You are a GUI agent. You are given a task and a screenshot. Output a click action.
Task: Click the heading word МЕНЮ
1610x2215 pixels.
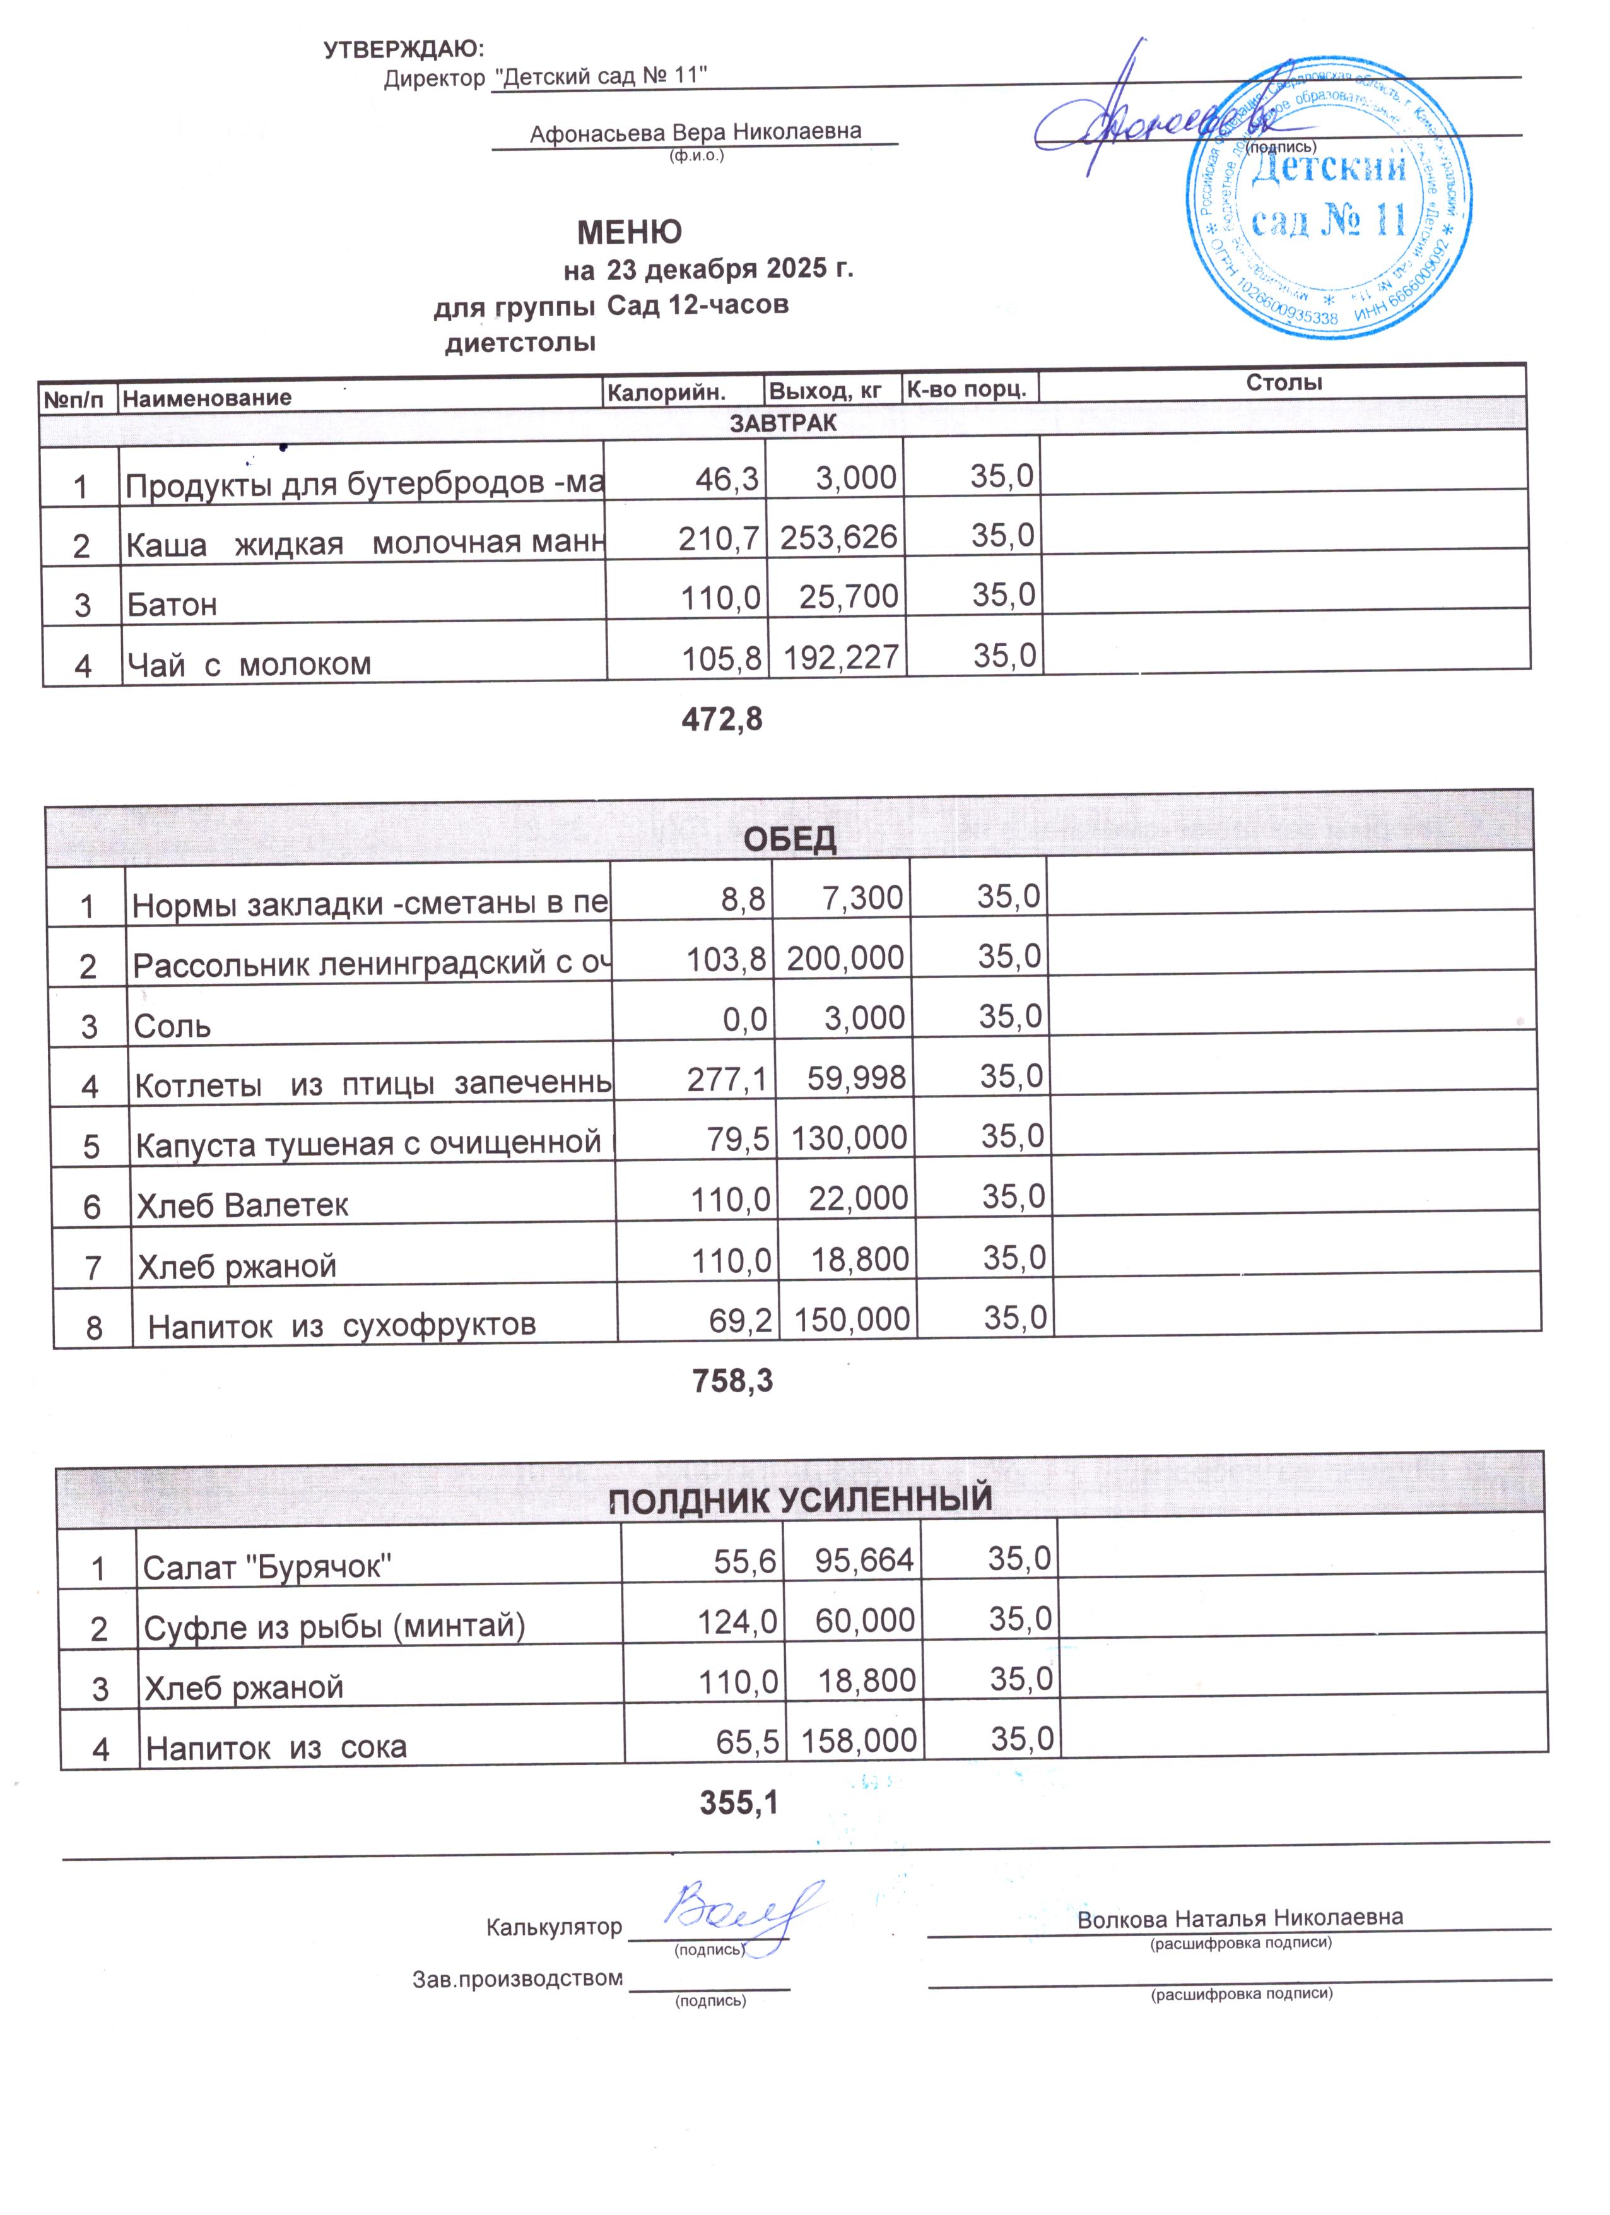[629, 232]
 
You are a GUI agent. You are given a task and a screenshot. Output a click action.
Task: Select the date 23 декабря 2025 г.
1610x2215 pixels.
[729, 269]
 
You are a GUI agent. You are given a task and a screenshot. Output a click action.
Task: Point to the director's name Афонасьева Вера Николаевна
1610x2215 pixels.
[695, 132]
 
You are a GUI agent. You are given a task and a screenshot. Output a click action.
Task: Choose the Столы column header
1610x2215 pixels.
[1283, 383]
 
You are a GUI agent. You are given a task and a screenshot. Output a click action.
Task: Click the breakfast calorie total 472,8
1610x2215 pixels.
[720, 720]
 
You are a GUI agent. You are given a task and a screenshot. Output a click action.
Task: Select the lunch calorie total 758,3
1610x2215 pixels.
[732, 1381]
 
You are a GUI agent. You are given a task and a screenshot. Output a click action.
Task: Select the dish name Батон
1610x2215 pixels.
[172, 605]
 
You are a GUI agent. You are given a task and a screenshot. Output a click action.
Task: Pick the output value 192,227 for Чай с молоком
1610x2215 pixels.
[838, 658]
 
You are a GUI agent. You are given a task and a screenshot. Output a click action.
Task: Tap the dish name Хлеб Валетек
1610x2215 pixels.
[242, 1205]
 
